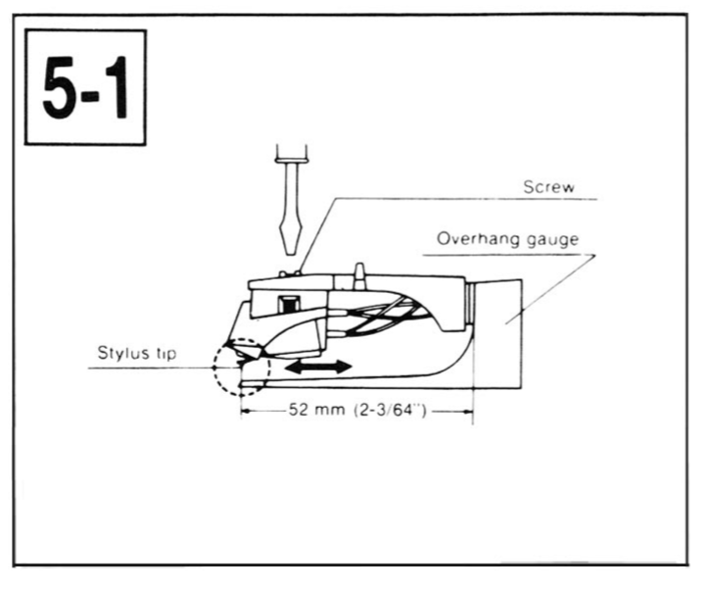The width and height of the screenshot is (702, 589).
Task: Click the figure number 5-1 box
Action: tap(85, 87)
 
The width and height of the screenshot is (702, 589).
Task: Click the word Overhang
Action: tap(471, 238)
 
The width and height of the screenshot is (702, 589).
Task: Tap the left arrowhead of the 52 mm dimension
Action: tap(247, 411)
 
